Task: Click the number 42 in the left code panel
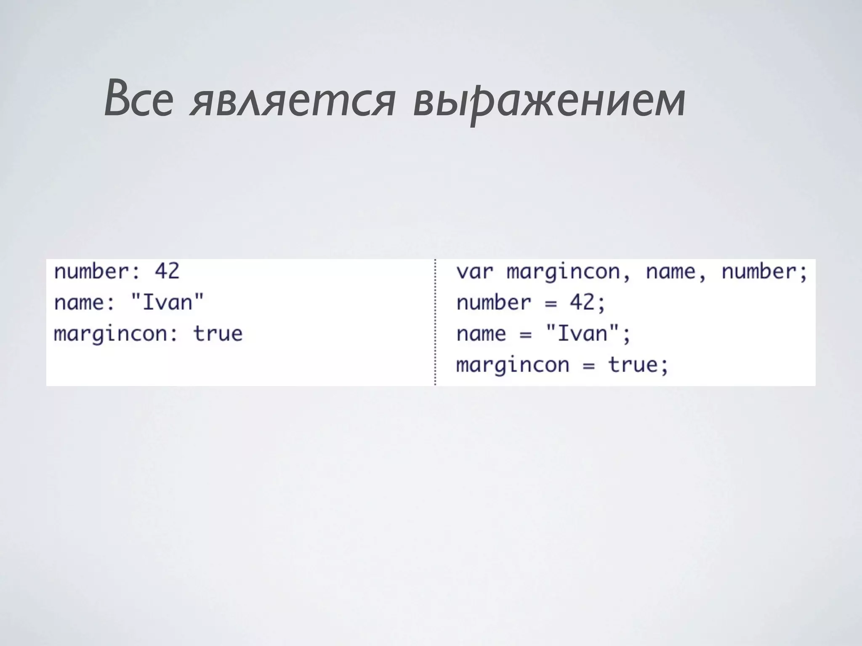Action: pos(167,271)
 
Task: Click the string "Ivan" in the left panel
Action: pos(167,302)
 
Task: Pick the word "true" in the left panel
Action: pos(218,334)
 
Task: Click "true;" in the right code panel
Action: pos(638,365)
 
